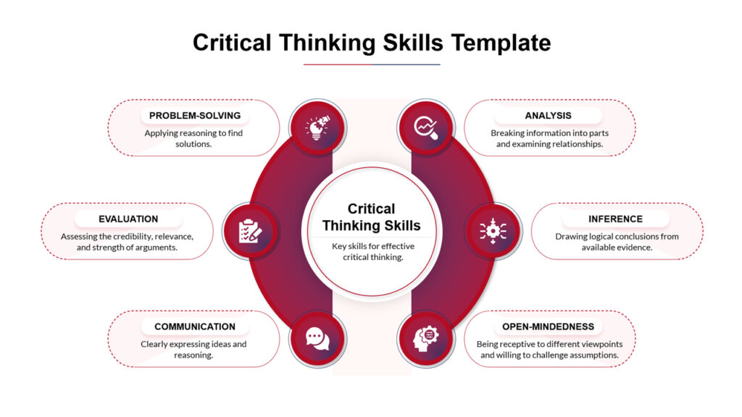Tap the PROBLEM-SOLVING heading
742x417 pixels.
[x=194, y=116]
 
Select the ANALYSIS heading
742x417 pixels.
[x=548, y=116]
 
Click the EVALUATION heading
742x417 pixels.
[x=128, y=219]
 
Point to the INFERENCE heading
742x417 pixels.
[x=615, y=219]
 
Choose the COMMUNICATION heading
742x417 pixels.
[x=194, y=327]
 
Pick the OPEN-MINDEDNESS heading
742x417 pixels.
[x=548, y=327]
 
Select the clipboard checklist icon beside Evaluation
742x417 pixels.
[x=250, y=231]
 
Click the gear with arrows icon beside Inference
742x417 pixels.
[x=493, y=231]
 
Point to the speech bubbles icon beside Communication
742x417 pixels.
[x=317, y=338]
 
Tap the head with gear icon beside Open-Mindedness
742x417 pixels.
[x=425, y=338]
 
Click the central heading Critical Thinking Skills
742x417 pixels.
[x=371, y=217]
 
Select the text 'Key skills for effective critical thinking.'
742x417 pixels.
[x=371, y=251]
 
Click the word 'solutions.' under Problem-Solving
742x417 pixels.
[x=193, y=144]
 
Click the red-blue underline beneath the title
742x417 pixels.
[x=371, y=64]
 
